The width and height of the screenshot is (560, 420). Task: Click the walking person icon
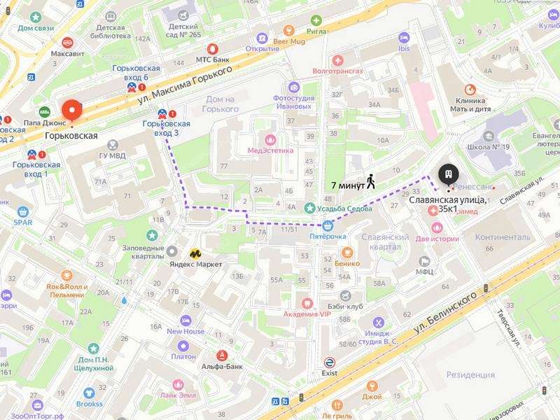[370, 181]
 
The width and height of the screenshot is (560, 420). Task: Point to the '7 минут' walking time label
[347, 185]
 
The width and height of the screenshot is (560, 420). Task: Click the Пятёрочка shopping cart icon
[328, 225]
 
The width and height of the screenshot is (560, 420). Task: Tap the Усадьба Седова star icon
[309, 207]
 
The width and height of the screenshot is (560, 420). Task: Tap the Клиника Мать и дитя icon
[470, 89]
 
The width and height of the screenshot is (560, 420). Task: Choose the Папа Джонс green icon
[45, 111]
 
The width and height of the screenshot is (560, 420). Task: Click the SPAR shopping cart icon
[23, 211]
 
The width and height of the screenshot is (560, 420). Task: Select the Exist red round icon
[329, 362]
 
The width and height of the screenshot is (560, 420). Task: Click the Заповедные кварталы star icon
[153, 237]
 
